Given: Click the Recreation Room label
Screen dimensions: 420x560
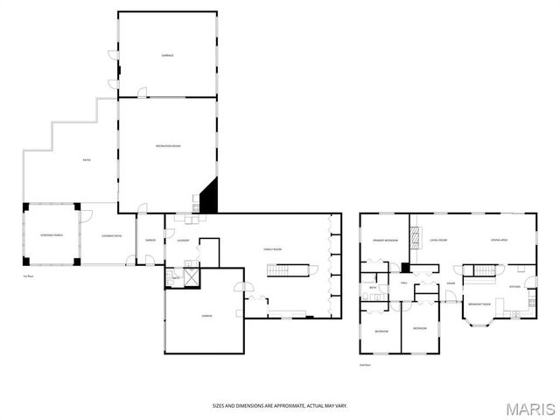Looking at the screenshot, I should [168, 145].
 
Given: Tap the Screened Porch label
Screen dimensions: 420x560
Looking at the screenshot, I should [52, 235].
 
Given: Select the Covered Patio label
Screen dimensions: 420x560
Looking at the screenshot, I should [111, 235].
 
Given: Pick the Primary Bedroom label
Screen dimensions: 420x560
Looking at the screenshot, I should [386, 240].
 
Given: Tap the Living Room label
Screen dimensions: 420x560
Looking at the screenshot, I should [437, 240].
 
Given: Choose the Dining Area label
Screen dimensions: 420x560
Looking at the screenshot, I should [500, 240].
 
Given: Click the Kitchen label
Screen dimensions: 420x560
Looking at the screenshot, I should [515, 286].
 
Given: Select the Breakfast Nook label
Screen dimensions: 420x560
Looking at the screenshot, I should [479, 304].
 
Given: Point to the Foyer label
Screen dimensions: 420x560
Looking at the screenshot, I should [450, 283].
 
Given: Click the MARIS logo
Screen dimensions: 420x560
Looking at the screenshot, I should [528, 409].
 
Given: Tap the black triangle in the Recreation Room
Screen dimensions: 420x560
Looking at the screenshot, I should [210, 197].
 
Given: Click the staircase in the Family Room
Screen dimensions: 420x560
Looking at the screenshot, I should [278, 269].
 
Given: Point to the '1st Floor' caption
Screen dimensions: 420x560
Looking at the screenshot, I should [28, 276].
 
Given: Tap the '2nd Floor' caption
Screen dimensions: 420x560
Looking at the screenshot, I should [365, 364].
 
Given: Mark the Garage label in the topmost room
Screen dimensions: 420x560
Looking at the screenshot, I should [167, 55].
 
